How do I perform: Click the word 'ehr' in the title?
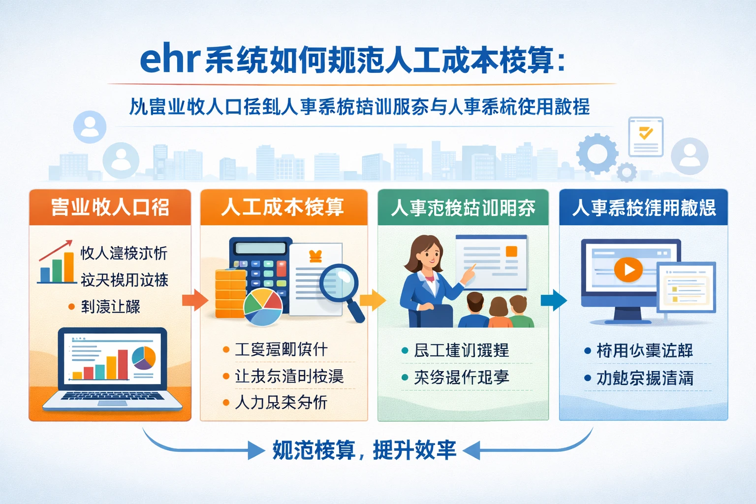169,60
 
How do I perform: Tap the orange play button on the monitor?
628,269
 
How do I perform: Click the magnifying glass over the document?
340,284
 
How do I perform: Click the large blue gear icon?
597,153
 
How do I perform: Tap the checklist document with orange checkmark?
645,136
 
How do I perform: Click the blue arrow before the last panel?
553,300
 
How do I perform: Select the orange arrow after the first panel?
195,300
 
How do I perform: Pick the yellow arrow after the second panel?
373,300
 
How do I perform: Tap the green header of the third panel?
463,208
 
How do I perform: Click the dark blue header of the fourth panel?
643,208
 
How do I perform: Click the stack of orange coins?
230,293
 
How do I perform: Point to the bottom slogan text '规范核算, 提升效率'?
364,450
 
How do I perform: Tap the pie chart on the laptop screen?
144,358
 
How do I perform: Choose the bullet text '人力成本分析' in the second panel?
281,402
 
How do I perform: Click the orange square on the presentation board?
511,252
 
